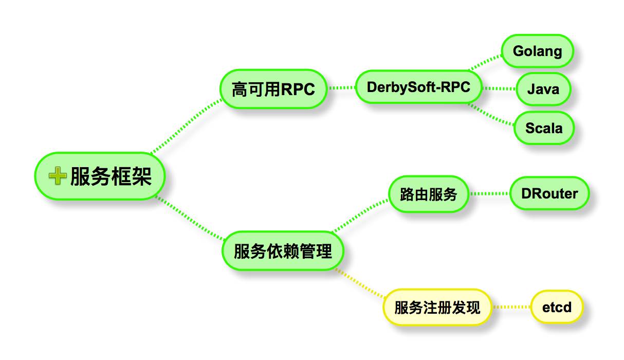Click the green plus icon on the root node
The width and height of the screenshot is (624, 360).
[x=57, y=176]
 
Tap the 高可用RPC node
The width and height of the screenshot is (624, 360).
[x=273, y=89]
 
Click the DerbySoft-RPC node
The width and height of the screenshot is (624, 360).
[x=418, y=87]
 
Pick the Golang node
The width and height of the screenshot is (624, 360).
[x=537, y=51]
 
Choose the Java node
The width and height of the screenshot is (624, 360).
[x=543, y=89]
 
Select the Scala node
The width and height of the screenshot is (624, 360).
[x=544, y=128]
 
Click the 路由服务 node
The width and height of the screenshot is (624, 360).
[x=428, y=194]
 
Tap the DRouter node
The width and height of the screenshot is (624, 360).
[x=549, y=194]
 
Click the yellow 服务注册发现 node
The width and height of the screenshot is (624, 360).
[x=437, y=308]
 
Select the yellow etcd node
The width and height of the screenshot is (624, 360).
[x=557, y=308]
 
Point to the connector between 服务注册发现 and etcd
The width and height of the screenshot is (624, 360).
[x=511, y=308]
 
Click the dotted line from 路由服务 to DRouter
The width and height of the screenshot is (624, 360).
[x=489, y=194]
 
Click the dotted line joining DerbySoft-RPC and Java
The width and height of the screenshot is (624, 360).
[x=500, y=88]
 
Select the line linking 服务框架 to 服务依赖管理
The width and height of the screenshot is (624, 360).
[x=190, y=219]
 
